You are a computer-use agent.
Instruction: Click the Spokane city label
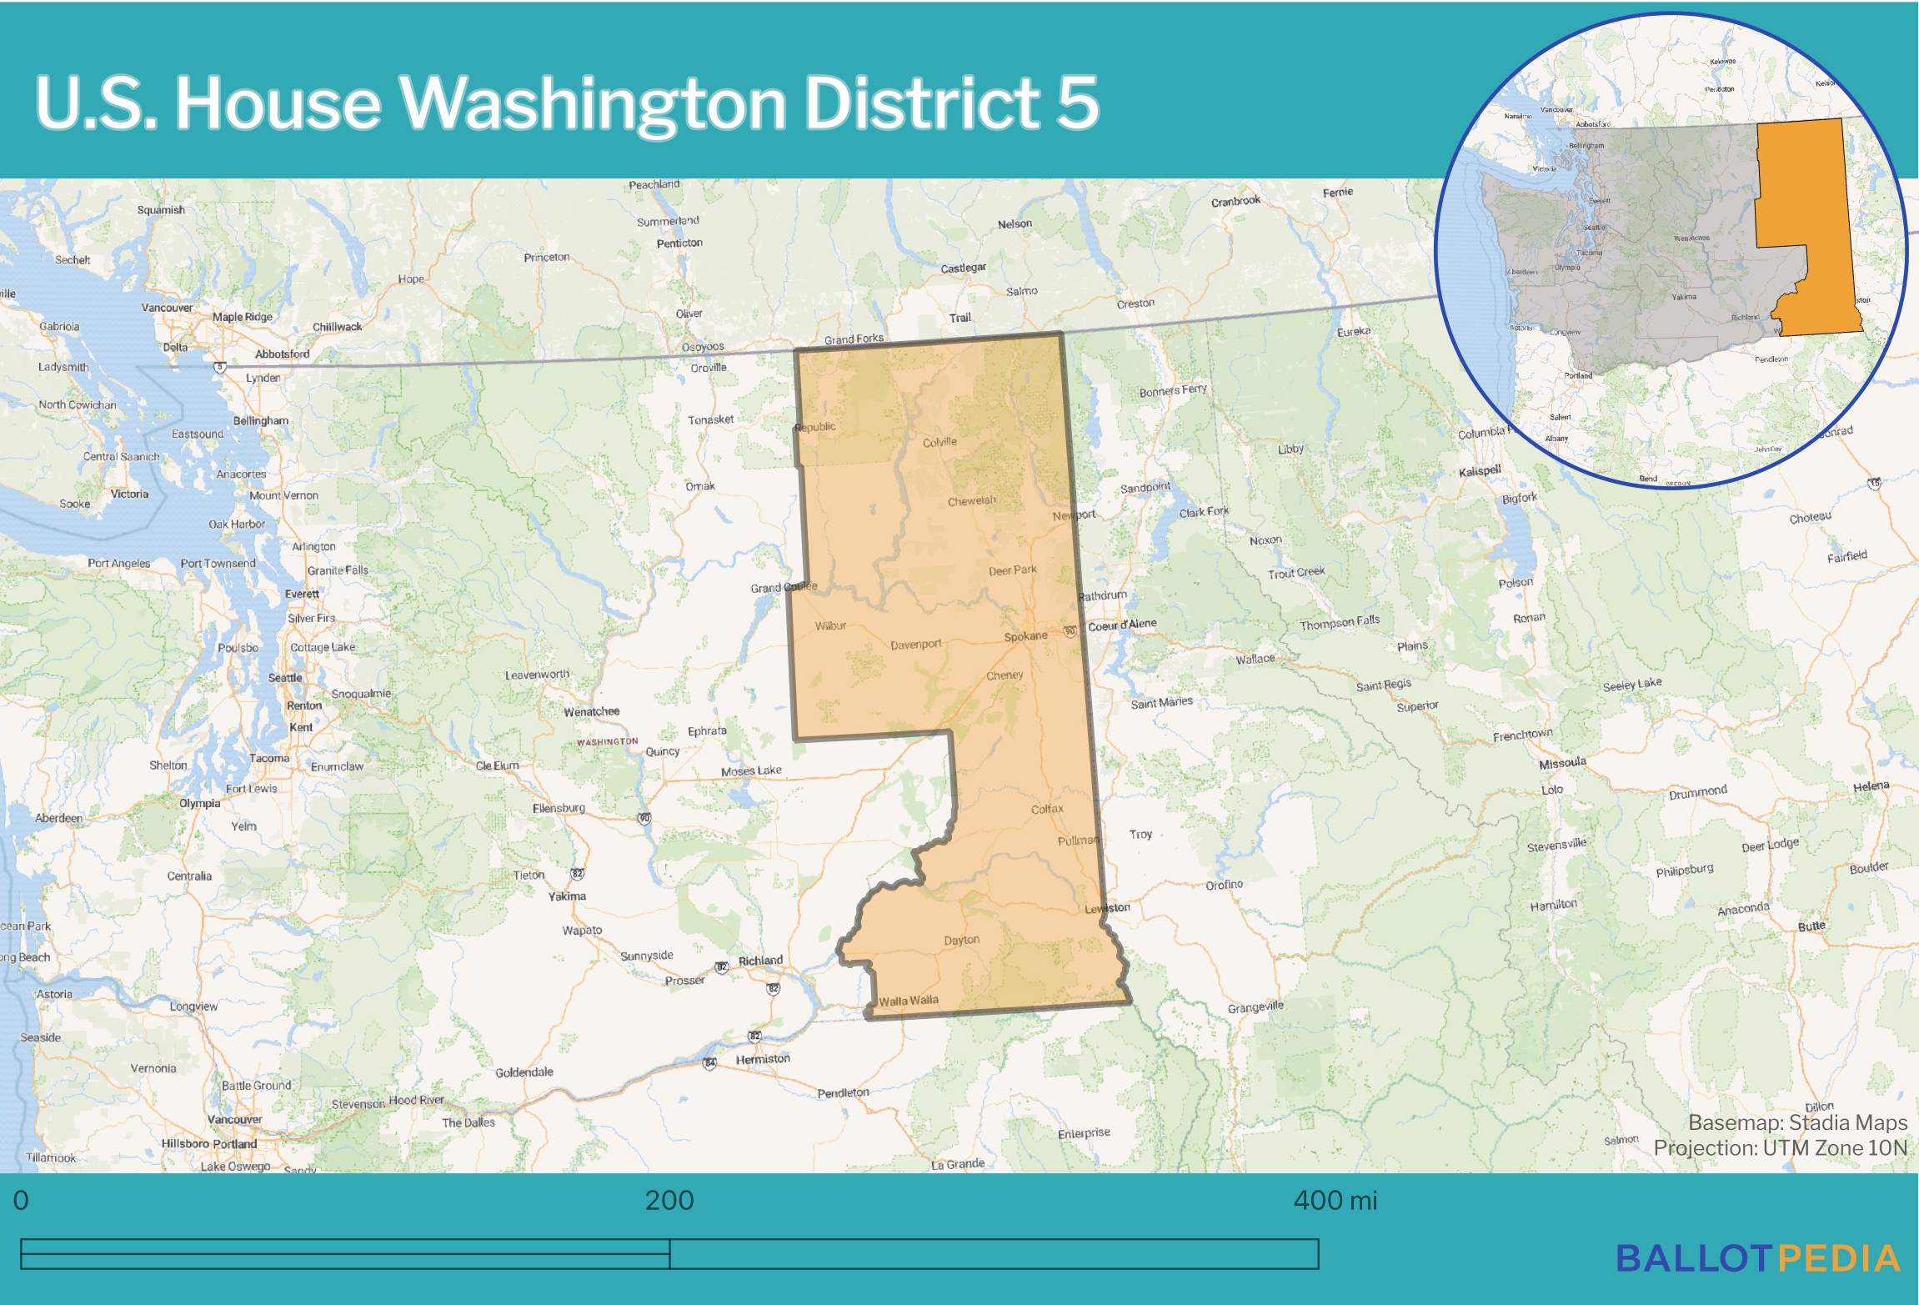pos(1025,636)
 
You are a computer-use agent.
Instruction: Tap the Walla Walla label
pos(908,1001)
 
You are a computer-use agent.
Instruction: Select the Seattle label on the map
pos(285,678)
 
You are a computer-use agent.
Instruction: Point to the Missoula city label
pos(1562,763)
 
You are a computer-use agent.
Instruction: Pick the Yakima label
pos(567,896)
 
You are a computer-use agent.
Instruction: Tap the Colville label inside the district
pos(939,442)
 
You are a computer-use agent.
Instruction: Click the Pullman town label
pos(1078,841)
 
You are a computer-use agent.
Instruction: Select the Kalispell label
pos(1480,471)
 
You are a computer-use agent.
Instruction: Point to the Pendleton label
pos(843,1092)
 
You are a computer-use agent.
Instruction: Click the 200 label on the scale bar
pos(669,1201)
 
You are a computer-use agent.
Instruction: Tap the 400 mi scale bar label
pos(1335,1201)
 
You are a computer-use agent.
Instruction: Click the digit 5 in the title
pos(1078,103)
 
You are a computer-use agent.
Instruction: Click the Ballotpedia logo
pos(1757,1259)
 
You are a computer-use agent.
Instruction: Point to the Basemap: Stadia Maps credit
pos(1797,1122)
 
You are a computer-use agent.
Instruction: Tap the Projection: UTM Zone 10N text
pos(1780,1148)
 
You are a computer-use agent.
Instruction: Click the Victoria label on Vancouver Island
pos(129,494)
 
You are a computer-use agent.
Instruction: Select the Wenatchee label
pos(591,712)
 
